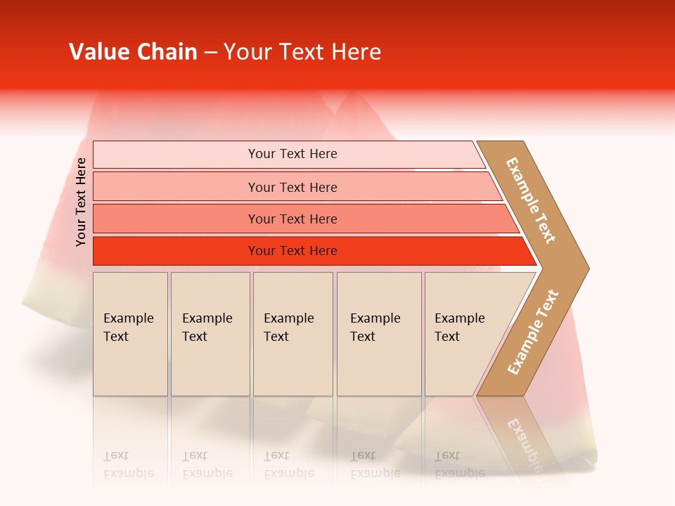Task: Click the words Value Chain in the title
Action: point(133,52)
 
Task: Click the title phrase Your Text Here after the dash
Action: point(302,52)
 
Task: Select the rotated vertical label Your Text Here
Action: point(81,202)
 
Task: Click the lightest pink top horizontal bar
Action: point(176,155)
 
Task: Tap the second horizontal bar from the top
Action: point(176,187)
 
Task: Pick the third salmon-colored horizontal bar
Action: point(176,219)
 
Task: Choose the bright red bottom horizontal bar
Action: point(176,251)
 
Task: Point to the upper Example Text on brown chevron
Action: point(531,200)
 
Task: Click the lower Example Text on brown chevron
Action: point(533,332)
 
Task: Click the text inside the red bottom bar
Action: point(292,251)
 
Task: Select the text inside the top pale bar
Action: point(292,154)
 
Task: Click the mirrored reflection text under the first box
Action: point(128,465)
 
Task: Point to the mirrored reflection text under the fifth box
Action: point(459,465)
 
